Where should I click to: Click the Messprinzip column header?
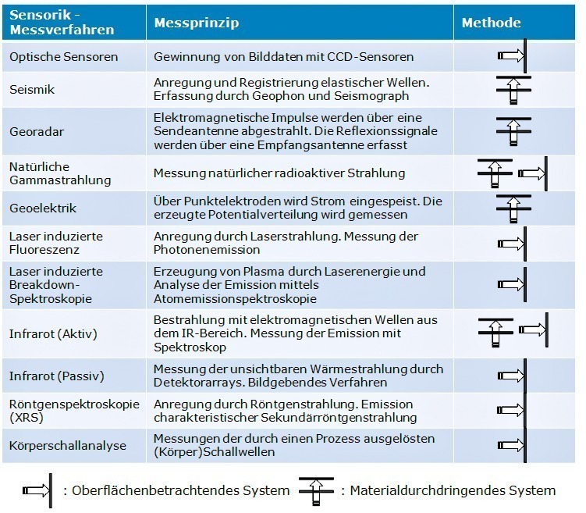[x=197, y=23]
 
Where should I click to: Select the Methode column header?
[x=491, y=23]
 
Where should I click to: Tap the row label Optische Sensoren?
[x=63, y=57]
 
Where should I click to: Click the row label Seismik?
[x=32, y=90]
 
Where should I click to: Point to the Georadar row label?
[x=37, y=132]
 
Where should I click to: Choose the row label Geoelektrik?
[x=43, y=208]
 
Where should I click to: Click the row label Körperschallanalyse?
[x=68, y=446]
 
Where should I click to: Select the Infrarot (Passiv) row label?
[x=57, y=376]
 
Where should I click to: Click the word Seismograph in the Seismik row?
[x=371, y=96]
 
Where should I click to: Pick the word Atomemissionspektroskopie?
[x=235, y=299]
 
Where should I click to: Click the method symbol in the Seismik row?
[x=513, y=90]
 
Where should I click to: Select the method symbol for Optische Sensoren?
[x=513, y=55]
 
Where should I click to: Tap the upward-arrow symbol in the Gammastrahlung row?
[x=495, y=173]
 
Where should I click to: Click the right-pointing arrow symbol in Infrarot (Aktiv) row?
[x=534, y=330]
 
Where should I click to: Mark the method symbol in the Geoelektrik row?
[x=513, y=208]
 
